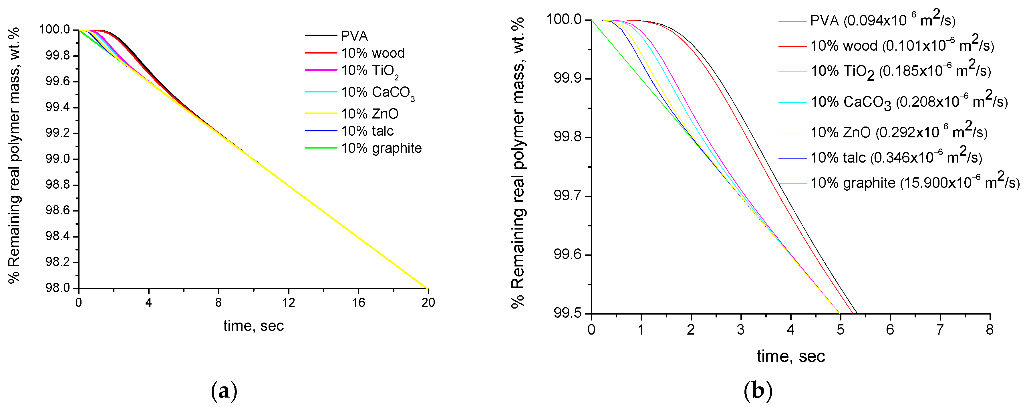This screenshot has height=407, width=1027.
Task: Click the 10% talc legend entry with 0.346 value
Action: (895, 158)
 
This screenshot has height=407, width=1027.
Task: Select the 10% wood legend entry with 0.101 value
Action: (902, 46)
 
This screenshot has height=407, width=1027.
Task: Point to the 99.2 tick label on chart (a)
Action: (58, 133)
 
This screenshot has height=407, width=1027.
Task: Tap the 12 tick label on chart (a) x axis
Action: (288, 303)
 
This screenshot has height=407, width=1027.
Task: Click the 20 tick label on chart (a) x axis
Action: (428, 303)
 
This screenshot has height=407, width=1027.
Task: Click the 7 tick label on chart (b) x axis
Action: (940, 330)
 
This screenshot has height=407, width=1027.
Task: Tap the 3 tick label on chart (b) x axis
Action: (741, 330)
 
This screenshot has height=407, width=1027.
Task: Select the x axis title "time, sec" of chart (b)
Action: (790, 356)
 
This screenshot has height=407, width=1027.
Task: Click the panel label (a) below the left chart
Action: (224, 391)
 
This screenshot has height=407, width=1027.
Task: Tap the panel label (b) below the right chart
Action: (758, 391)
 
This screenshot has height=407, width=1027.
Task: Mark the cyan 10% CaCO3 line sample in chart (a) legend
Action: (321, 92)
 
